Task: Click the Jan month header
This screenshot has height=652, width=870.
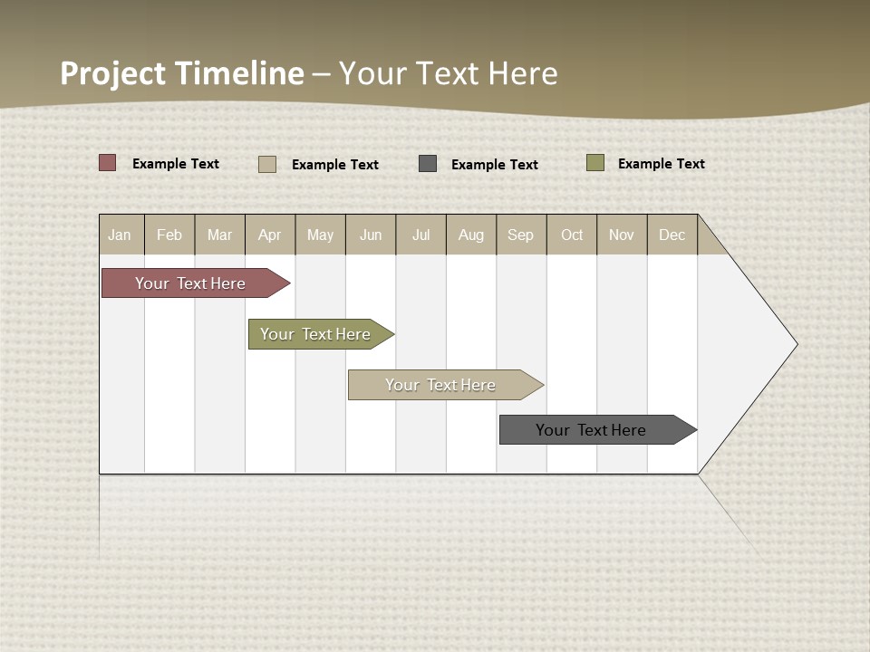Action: tap(121, 235)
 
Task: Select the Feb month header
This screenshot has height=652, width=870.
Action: tap(169, 235)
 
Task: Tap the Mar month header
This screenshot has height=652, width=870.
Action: tap(219, 235)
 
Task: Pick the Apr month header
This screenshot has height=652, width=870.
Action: tap(270, 235)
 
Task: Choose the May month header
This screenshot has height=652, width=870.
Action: tap(320, 235)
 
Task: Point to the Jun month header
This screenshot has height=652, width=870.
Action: tap(371, 235)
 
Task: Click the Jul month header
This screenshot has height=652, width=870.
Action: tap(420, 235)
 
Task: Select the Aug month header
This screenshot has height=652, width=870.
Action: tap(471, 235)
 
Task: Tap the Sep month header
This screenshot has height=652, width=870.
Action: tap(521, 235)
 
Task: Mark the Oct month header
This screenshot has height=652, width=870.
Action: tap(572, 235)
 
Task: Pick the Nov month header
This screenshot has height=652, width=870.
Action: tap(622, 235)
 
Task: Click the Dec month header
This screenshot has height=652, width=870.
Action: tap(672, 235)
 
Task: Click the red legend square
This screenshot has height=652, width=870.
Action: tap(108, 163)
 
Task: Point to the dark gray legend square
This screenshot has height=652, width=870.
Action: tap(428, 164)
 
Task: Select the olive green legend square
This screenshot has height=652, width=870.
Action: tap(595, 163)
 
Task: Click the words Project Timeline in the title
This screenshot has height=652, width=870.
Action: tap(182, 73)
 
